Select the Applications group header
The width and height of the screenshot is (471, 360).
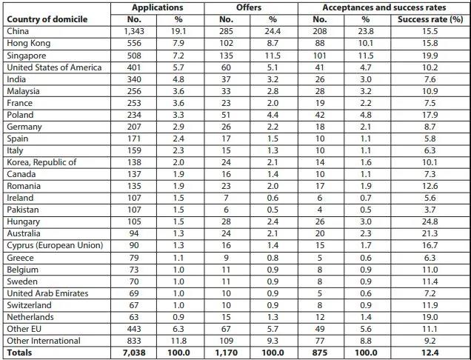(156, 7)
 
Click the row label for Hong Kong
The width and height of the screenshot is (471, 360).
(27, 44)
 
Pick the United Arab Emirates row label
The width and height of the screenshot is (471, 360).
(47, 293)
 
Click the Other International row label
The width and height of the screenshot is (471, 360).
(42, 341)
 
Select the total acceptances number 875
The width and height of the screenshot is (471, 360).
(320, 353)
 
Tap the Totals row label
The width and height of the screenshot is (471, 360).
(19, 353)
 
